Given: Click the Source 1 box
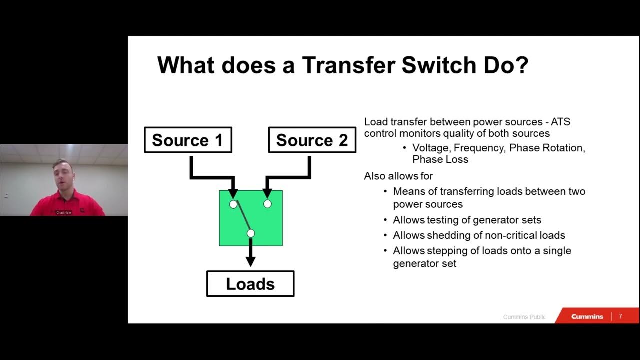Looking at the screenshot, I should [188, 140].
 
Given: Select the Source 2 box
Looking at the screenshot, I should [312, 140].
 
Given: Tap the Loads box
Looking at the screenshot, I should [250, 284].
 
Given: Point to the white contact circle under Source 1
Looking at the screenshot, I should [233, 204].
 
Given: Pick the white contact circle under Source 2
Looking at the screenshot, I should [267, 204].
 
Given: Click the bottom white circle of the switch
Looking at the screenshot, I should [251, 233].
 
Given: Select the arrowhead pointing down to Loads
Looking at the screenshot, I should [251, 261].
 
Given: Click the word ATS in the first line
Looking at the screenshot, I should [559, 122].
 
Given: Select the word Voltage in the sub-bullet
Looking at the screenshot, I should [430, 148].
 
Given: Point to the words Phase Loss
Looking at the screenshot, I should [440, 160].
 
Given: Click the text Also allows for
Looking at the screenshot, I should [398, 176].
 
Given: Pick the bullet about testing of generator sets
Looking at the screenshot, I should [467, 220].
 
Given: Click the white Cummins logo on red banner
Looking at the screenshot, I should [587, 316].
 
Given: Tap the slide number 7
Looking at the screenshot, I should [621, 316].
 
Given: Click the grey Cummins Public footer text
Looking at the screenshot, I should [524, 317].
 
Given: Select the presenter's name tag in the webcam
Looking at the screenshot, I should [64, 212].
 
